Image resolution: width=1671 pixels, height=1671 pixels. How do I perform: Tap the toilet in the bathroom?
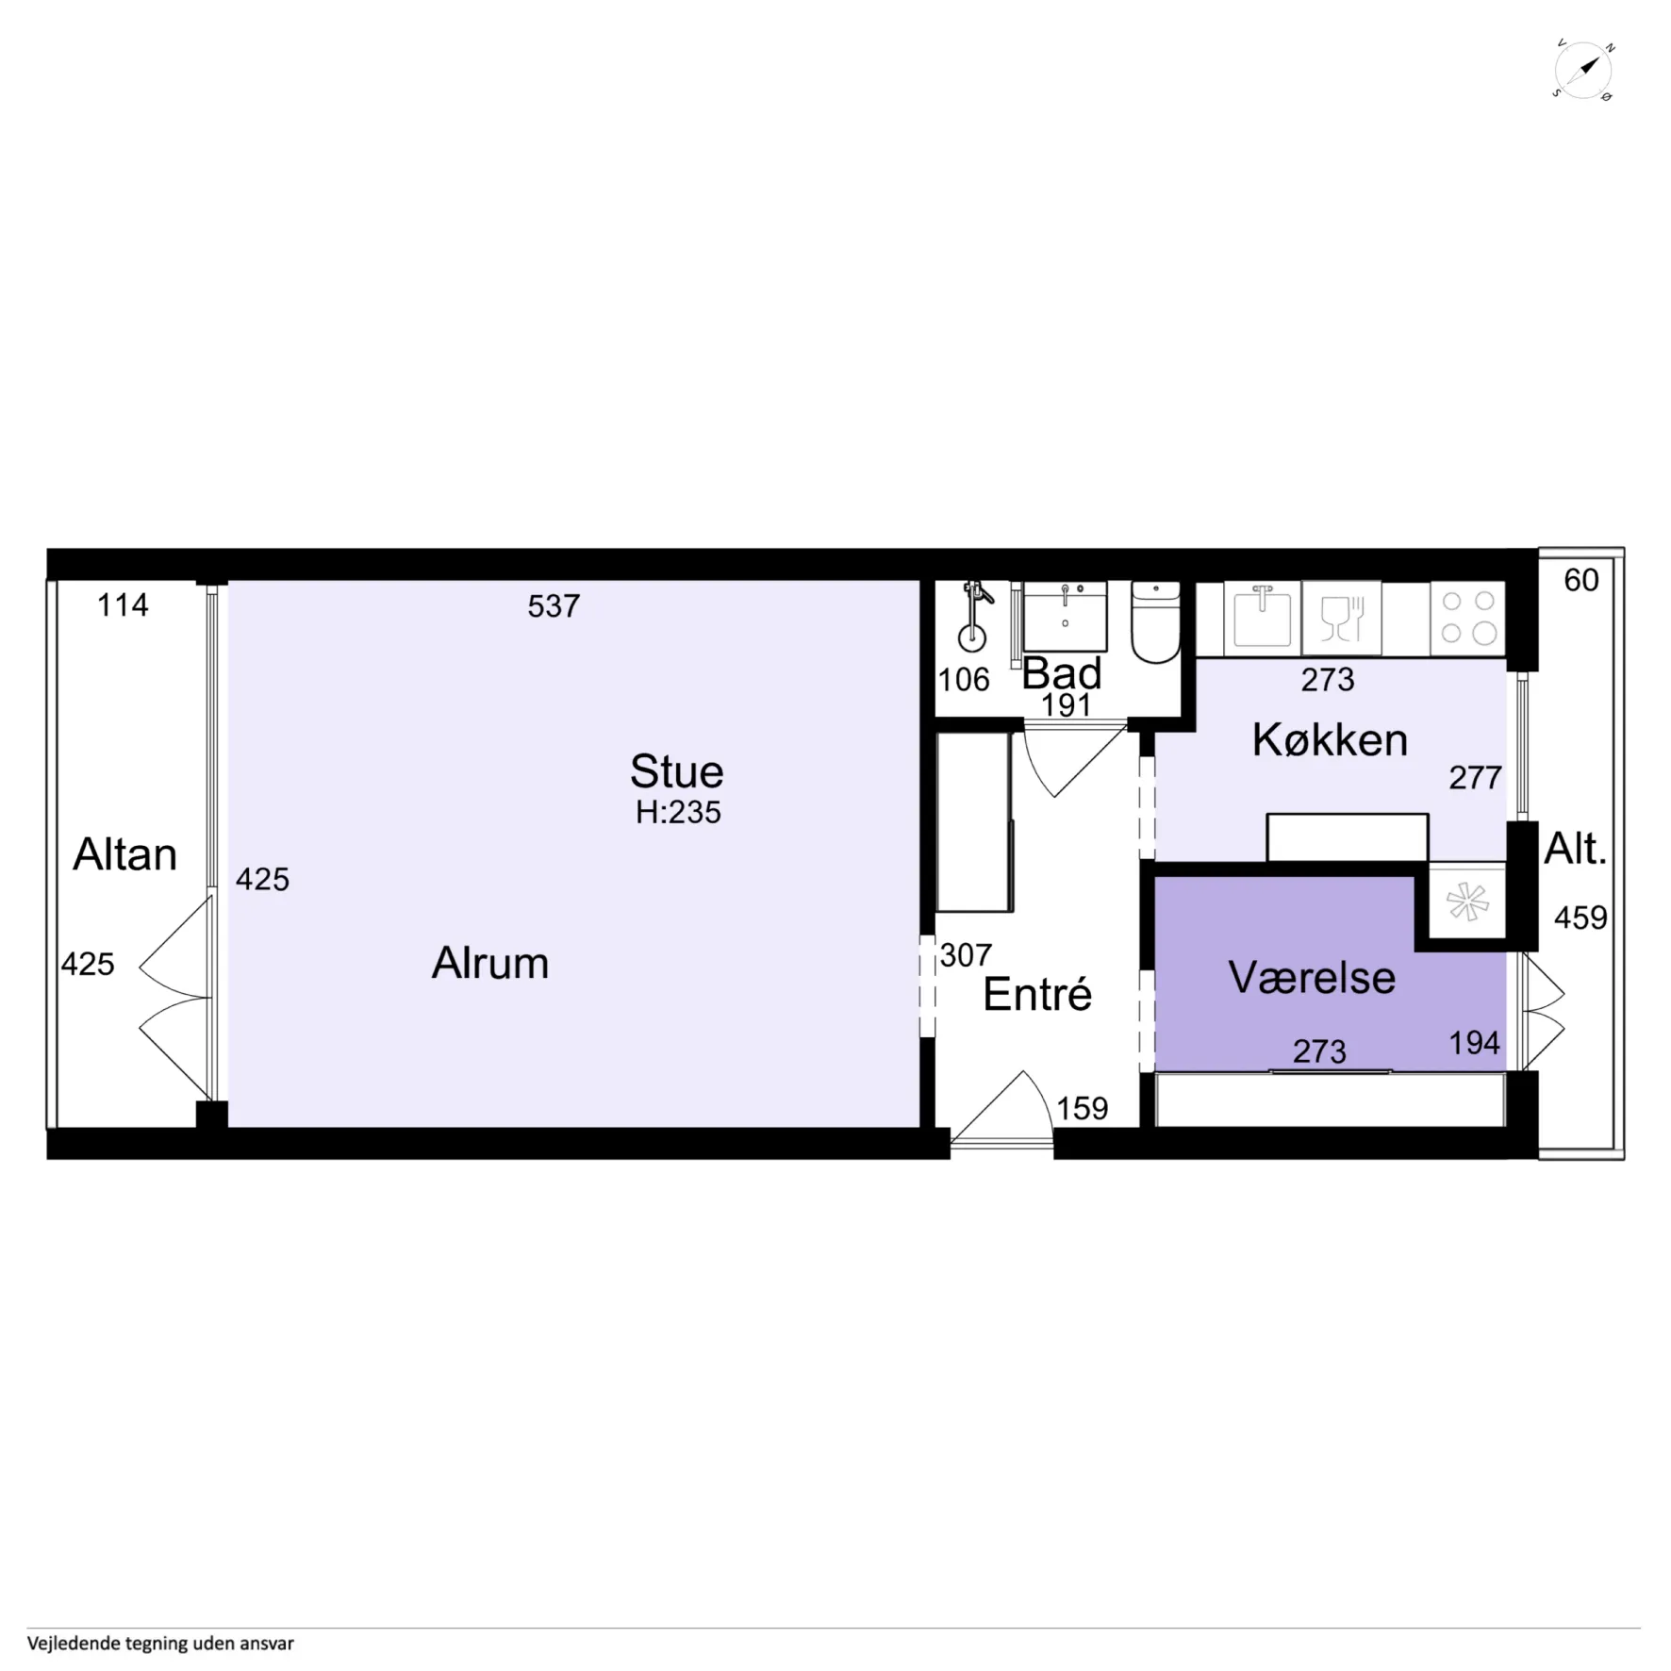click(x=1155, y=621)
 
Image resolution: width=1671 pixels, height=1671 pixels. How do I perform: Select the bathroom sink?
click(x=1065, y=616)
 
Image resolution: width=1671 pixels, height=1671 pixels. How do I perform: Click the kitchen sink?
click(x=1262, y=618)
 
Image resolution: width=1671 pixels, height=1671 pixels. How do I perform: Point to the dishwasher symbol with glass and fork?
click(x=1341, y=618)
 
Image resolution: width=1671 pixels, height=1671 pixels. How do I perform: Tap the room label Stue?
click(x=677, y=771)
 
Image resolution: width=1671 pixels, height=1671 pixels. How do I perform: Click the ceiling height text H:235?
click(x=678, y=812)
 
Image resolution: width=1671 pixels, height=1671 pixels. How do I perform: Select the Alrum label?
click(x=490, y=963)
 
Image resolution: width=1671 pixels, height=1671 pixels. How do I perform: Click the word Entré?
click(x=1037, y=994)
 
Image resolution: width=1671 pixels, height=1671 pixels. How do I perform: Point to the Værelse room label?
click(x=1312, y=977)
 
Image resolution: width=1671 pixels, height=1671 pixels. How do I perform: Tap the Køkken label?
click(x=1330, y=739)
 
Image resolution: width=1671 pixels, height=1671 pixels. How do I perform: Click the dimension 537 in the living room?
click(x=554, y=605)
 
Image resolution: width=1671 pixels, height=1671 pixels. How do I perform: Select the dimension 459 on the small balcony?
click(x=1580, y=918)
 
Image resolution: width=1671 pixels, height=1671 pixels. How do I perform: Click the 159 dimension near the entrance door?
click(x=1082, y=1108)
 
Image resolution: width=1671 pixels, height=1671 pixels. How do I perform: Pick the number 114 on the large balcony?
click(x=123, y=604)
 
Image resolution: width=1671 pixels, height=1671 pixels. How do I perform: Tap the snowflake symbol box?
click(x=1467, y=902)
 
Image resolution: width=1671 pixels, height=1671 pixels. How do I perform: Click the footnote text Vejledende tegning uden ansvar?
click(x=160, y=1643)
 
